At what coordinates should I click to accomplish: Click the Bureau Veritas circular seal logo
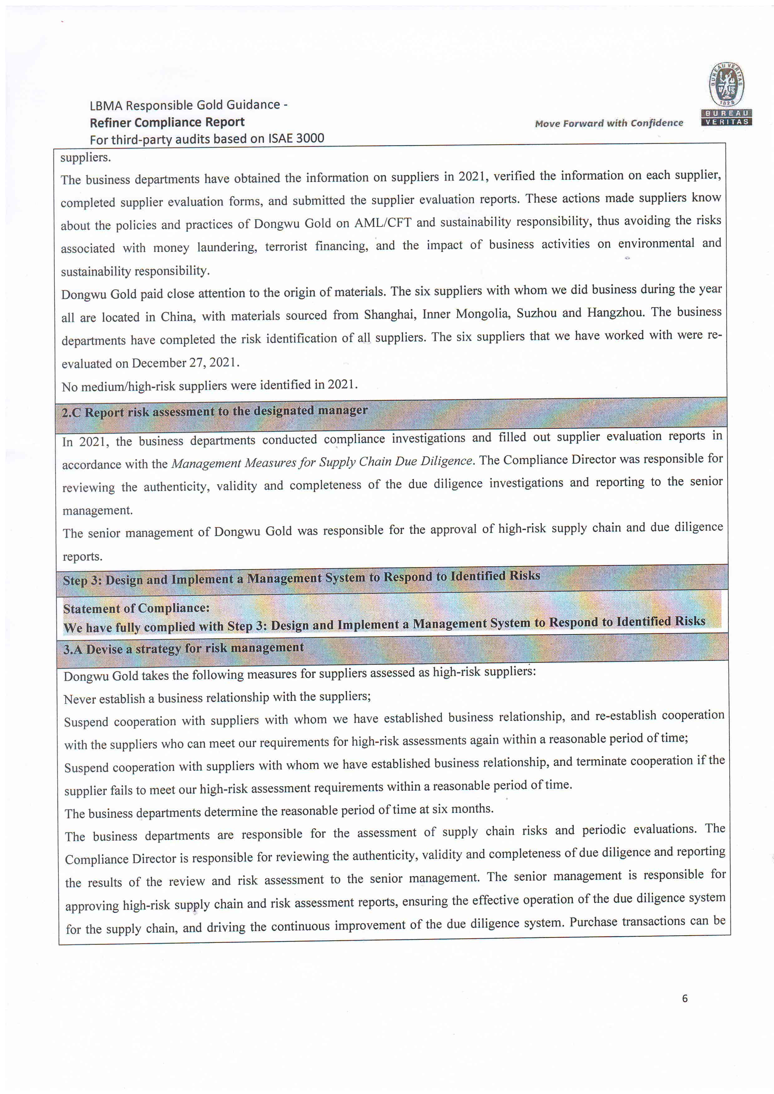726,84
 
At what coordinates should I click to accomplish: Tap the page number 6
685,998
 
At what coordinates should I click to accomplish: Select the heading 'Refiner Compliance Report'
167,123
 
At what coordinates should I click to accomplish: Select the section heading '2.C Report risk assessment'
215,411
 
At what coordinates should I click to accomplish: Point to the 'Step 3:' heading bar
301,578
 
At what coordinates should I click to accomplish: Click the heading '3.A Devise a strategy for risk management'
184,648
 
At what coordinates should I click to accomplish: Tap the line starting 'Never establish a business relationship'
217,698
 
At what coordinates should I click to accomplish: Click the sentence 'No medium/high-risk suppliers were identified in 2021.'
209,385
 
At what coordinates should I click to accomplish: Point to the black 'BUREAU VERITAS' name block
726,117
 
